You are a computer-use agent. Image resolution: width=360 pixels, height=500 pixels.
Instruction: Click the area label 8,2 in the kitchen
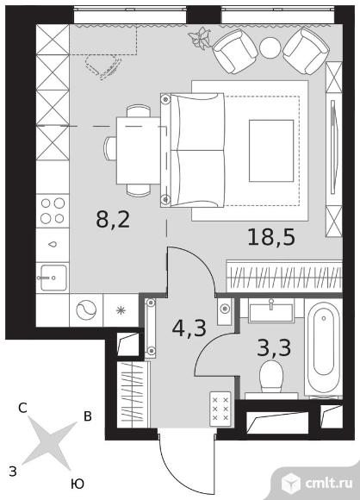tap(113, 219)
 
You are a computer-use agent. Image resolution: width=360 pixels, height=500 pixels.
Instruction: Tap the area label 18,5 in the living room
tap(271, 238)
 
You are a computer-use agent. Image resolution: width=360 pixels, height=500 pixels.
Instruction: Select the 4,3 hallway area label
tap(189, 328)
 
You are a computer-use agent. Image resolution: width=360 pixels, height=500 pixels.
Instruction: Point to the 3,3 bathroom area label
tap(274, 347)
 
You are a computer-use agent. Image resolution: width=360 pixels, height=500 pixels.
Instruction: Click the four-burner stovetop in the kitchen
tap(53, 210)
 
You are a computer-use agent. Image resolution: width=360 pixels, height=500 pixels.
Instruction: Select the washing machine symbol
tap(86, 310)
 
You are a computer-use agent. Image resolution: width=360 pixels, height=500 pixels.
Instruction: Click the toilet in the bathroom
tap(271, 379)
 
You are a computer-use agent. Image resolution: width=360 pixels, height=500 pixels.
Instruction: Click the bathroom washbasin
tap(271, 311)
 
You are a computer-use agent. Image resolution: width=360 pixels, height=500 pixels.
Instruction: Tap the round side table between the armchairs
tap(270, 47)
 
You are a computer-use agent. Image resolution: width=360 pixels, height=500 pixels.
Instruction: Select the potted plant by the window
tap(201, 39)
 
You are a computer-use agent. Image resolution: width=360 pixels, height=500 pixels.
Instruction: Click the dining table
tap(139, 151)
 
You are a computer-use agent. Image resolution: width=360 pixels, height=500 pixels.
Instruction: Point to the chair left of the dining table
tap(110, 148)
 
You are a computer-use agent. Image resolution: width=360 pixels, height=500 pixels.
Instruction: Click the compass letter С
tap(22, 408)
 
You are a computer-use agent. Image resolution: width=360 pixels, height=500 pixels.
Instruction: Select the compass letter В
tap(88, 416)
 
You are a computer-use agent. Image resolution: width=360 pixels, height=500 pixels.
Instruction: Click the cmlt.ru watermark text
tap(329, 484)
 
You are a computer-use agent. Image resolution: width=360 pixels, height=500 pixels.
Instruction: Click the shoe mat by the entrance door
tap(220, 409)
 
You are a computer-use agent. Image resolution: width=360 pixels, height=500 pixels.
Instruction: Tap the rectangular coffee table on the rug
tap(271, 151)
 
